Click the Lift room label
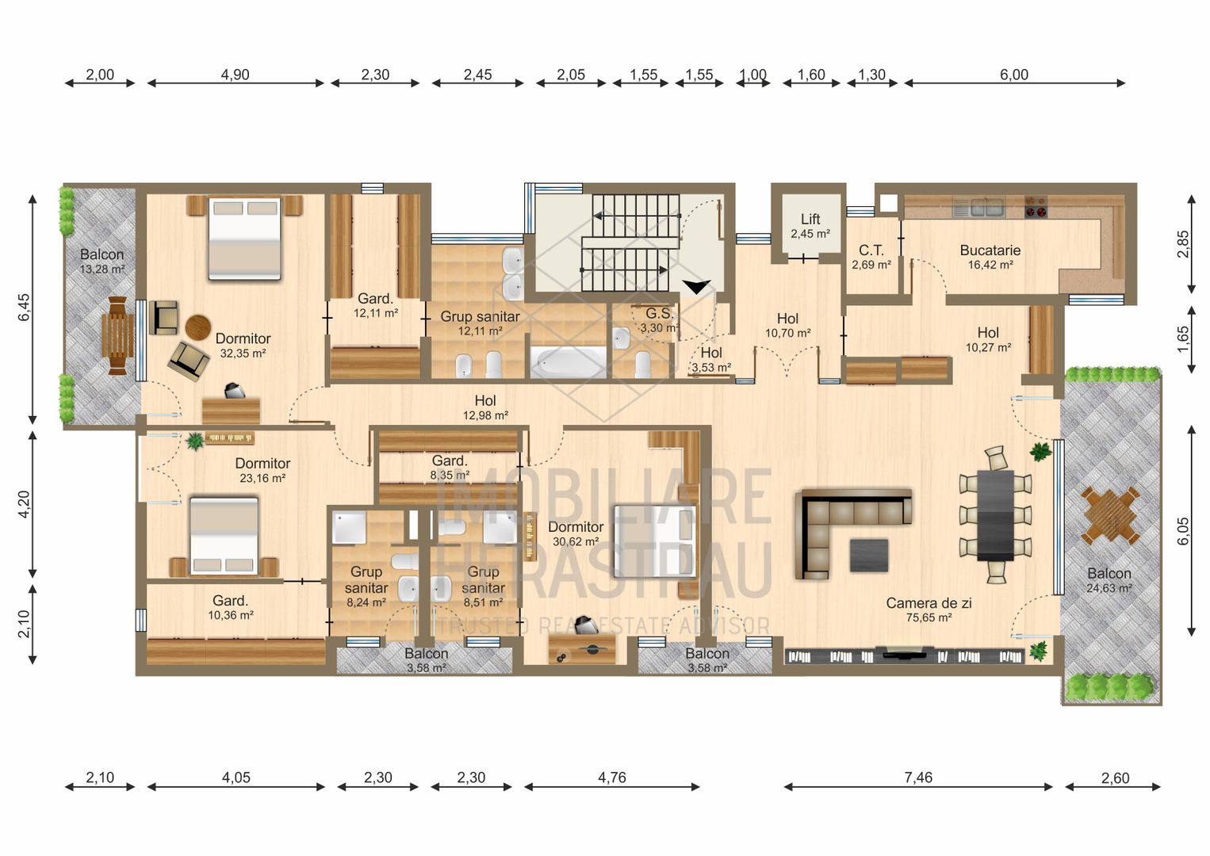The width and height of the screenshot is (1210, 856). pyautogui.click(x=810, y=220)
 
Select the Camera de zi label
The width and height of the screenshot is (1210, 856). pyautogui.click(x=929, y=604)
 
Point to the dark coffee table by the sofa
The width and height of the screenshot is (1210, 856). pyautogui.click(x=869, y=555)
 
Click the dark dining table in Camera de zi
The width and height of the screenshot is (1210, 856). pyautogui.click(x=995, y=515)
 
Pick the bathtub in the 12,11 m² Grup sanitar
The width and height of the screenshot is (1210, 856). pyautogui.click(x=567, y=363)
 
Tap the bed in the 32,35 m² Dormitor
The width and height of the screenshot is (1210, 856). pyautogui.click(x=244, y=238)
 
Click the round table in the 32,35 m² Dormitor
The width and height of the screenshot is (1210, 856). pyautogui.click(x=198, y=327)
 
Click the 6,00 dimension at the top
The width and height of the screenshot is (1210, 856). pyautogui.click(x=1013, y=75)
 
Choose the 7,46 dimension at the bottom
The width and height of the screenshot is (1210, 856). pyautogui.click(x=917, y=778)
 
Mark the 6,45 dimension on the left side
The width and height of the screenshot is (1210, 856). pyautogui.click(x=25, y=308)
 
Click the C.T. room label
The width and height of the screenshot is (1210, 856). pyautogui.click(x=871, y=250)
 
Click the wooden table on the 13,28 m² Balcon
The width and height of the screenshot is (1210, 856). pyautogui.click(x=117, y=334)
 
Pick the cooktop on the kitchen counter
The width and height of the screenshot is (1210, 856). pyautogui.click(x=1035, y=207)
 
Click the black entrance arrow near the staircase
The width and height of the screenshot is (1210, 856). pyautogui.click(x=695, y=287)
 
